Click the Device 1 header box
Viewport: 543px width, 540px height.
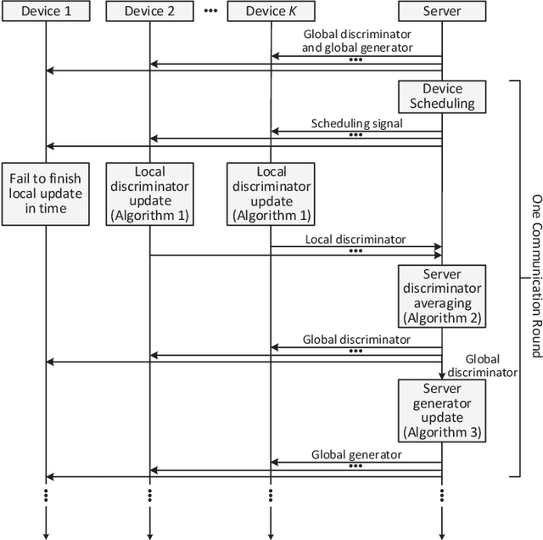(x=45, y=11)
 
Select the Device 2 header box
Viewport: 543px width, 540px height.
(x=150, y=11)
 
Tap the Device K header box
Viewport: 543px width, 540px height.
(x=271, y=11)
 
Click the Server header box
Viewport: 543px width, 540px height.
(x=442, y=11)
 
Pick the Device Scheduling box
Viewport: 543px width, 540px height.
(x=442, y=97)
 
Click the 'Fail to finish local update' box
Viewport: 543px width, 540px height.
(x=45, y=193)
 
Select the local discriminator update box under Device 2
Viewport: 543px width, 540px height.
(x=150, y=193)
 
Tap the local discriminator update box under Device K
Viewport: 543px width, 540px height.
(x=271, y=193)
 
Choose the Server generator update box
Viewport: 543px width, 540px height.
(x=442, y=409)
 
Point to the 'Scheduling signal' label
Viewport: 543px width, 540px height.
(x=355, y=123)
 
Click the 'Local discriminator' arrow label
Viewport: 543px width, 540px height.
(x=355, y=239)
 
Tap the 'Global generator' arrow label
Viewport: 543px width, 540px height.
(x=355, y=455)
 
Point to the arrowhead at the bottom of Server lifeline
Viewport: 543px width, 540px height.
(x=442, y=534)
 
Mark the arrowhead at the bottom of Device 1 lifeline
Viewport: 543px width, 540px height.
(x=45, y=534)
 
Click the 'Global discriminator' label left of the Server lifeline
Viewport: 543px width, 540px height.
(x=355, y=340)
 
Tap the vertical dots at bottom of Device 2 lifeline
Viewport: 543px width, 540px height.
(x=150, y=496)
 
